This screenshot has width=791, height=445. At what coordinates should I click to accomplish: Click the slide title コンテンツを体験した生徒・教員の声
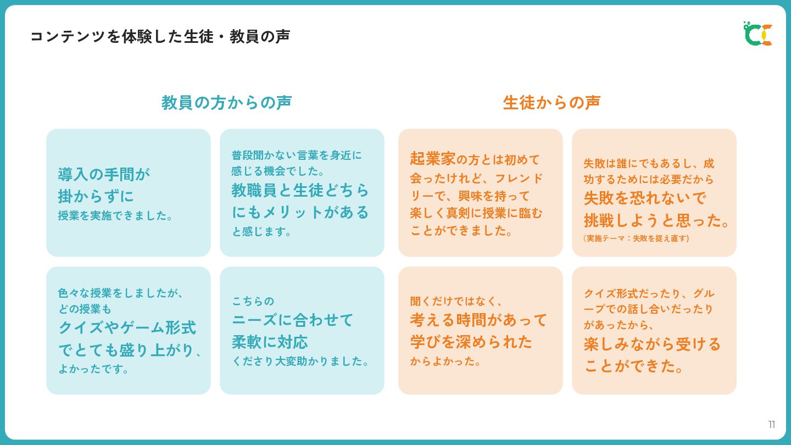click(159, 37)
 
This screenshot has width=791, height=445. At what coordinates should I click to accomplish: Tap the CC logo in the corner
click(758, 34)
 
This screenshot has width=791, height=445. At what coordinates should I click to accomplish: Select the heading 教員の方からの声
click(226, 103)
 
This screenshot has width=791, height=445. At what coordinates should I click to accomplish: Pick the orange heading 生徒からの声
click(552, 103)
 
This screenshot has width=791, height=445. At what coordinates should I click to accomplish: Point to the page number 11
click(772, 425)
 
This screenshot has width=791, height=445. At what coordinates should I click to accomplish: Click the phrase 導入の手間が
click(104, 174)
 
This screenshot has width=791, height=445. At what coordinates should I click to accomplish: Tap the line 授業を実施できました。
click(116, 216)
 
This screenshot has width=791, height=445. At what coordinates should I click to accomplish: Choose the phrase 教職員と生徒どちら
click(300, 190)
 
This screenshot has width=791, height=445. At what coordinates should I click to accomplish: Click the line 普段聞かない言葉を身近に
click(297, 155)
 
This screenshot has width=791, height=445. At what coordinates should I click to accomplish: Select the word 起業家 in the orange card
click(433, 159)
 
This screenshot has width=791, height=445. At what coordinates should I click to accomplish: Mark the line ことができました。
click(461, 231)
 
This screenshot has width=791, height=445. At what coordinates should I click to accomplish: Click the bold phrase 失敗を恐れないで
click(644, 198)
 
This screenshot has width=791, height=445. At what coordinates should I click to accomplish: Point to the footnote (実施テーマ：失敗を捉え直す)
click(636, 238)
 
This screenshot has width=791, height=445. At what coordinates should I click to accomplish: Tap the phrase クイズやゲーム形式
click(127, 327)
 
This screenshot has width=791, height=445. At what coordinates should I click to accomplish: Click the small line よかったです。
click(94, 369)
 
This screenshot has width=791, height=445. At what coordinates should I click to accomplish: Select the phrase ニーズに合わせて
click(292, 320)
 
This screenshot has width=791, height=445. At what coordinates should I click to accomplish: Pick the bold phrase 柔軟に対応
click(270, 342)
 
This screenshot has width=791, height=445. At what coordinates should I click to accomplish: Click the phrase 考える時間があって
click(478, 320)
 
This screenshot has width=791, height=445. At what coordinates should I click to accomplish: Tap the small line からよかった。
click(445, 361)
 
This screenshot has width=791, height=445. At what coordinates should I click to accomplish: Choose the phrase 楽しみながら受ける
click(652, 344)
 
